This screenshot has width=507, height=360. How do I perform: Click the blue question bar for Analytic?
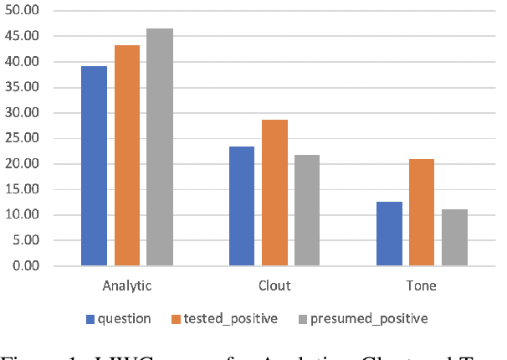click(x=94, y=166)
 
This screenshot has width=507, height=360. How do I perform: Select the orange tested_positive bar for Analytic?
click(x=127, y=156)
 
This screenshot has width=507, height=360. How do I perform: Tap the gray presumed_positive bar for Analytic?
click(x=160, y=147)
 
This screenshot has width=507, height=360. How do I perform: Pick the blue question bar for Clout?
click(x=242, y=206)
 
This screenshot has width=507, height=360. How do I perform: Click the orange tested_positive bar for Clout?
click(x=274, y=193)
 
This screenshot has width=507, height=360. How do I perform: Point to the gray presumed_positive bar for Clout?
click(x=306, y=210)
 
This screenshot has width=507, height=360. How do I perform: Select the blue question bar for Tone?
click(x=389, y=234)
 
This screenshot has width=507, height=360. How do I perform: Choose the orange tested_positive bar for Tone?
click(x=422, y=213)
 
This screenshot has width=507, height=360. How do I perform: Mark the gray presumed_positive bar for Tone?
click(x=454, y=238)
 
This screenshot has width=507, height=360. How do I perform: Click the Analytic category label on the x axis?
click(x=128, y=285)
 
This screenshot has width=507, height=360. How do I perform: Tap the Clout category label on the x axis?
click(x=274, y=285)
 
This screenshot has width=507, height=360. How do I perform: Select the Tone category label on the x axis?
click(x=422, y=285)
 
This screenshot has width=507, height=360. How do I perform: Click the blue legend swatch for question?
click(x=90, y=318)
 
